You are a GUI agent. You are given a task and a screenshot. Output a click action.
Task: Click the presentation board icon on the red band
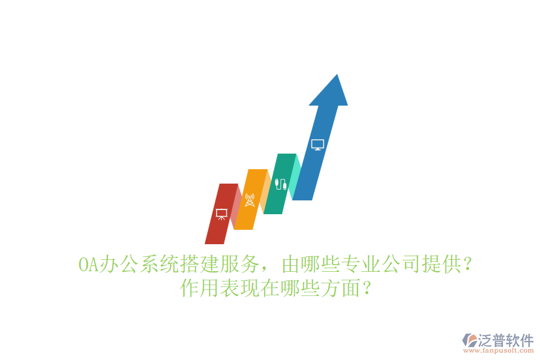[x=221, y=213]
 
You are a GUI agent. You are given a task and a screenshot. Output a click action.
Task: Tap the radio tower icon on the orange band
[x=250, y=200]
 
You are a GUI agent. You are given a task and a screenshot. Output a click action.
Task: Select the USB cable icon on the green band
[x=280, y=183]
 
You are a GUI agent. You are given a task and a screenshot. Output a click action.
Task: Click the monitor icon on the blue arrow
[x=318, y=145]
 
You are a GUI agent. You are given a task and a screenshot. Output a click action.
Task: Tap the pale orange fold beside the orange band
[x=265, y=191]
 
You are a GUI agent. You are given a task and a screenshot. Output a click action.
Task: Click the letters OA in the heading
[x=88, y=264]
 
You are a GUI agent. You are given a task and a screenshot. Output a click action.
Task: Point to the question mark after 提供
[x=468, y=264]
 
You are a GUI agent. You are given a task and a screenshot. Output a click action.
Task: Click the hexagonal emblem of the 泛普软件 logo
[x=469, y=341]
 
